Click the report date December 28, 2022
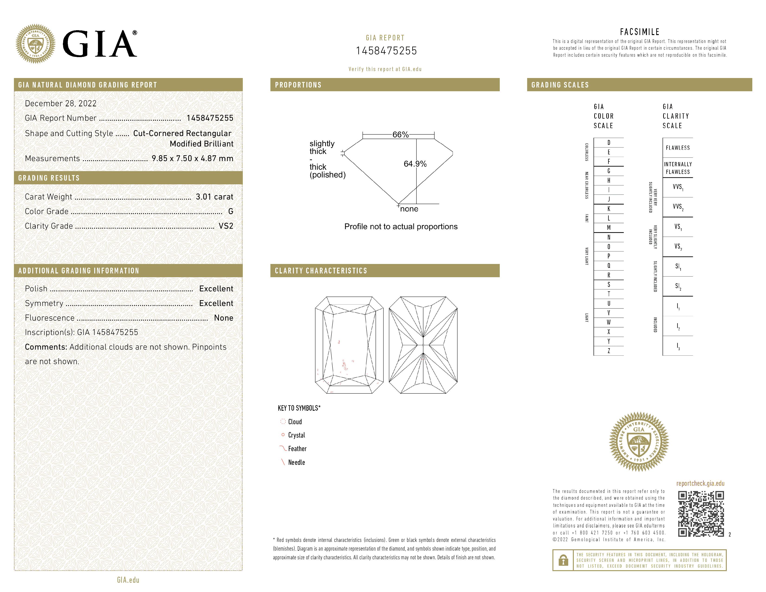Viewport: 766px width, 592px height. [61, 104]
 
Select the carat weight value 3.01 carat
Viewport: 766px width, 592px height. [214, 197]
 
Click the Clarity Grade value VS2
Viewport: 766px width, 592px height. [226, 226]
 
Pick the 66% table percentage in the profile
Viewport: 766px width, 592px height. [400, 135]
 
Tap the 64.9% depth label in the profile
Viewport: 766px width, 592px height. [415, 164]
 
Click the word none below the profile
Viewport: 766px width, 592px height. [409, 209]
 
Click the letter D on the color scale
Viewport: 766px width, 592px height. [609, 143]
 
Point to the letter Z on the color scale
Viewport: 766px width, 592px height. [609, 351]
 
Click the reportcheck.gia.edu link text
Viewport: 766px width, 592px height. [700, 483]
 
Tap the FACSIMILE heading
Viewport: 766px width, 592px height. [640, 32]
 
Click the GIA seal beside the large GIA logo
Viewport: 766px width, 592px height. [36, 44]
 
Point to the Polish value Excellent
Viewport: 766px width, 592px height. [216, 289]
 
